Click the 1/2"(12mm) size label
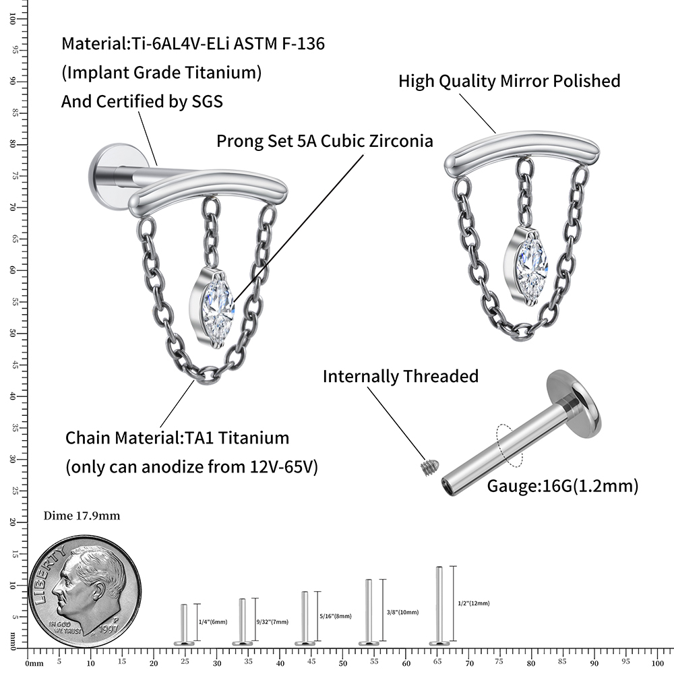pyautogui.click(x=473, y=603)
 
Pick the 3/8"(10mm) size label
pyautogui.click(x=403, y=613)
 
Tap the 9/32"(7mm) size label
pyautogui.click(x=272, y=621)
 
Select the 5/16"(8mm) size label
pyautogui.click(x=336, y=616)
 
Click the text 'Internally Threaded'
pyautogui.click(x=400, y=376)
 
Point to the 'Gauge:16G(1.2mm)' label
pyautogui.click(x=562, y=486)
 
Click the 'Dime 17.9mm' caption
pyautogui.click(x=82, y=516)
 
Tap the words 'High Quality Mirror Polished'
pyautogui.click(x=510, y=82)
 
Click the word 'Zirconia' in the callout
pyautogui.click(x=400, y=142)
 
